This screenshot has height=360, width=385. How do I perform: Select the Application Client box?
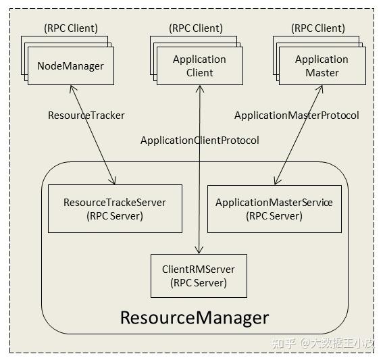[x=199, y=66]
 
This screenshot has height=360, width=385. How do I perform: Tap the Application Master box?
[x=322, y=66]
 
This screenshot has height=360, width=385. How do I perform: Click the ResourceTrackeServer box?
[x=115, y=209]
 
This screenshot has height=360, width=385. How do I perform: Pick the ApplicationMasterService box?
[x=274, y=209]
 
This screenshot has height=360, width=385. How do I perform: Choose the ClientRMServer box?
[x=199, y=276]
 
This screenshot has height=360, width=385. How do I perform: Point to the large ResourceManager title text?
[x=195, y=317]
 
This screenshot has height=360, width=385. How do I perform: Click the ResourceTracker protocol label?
[x=86, y=115]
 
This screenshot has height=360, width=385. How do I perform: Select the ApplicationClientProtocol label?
[x=199, y=140]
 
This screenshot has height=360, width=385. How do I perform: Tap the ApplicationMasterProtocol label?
[x=297, y=115]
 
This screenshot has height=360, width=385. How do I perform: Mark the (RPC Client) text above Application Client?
[x=195, y=28]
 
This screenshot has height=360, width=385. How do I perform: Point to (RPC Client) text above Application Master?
[x=318, y=28]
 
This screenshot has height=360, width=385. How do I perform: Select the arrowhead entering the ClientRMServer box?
[x=199, y=250]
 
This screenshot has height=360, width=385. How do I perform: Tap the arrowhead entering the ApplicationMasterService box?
[x=276, y=181]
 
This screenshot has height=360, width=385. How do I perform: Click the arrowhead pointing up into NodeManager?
[x=72, y=88]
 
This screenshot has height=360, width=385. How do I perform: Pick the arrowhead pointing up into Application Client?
[x=199, y=88]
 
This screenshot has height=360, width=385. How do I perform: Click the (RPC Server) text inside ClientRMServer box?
[x=199, y=283]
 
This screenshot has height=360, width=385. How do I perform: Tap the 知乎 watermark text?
[x=282, y=343]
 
